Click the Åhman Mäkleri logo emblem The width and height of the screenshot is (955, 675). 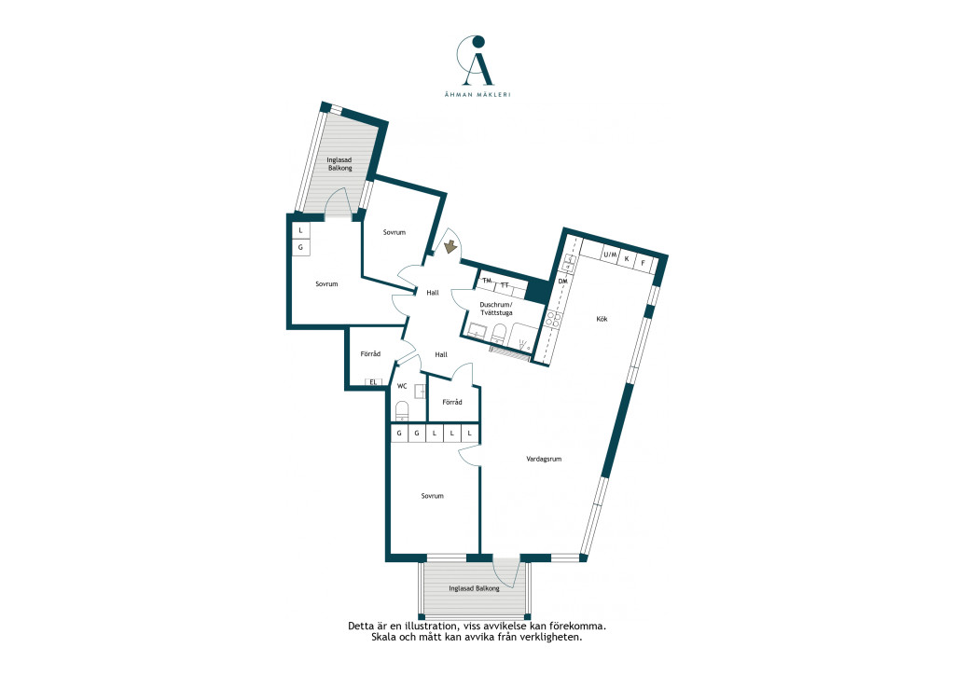pyautogui.click(x=477, y=61)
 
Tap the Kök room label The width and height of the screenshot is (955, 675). pyautogui.click(x=602, y=319)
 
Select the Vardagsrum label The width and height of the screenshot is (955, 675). pyautogui.click(x=544, y=459)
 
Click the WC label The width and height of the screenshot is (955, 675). pyautogui.click(x=402, y=386)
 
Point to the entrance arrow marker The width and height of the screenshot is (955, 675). pyautogui.click(x=450, y=246)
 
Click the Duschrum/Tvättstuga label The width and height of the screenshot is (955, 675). pyautogui.click(x=496, y=309)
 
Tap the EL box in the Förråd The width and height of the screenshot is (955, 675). pyautogui.click(x=374, y=382)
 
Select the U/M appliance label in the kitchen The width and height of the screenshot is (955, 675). pyautogui.click(x=610, y=255)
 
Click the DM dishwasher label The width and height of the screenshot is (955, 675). pyautogui.click(x=562, y=282)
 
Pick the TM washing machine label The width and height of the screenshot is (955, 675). pyautogui.click(x=487, y=281)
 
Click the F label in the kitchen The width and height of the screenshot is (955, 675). pyautogui.click(x=643, y=263)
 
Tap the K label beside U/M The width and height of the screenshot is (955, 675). pyautogui.click(x=627, y=258)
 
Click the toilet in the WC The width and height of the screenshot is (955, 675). pyautogui.click(x=401, y=411)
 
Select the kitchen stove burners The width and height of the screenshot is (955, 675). pyautogui.click(x=553, y=320)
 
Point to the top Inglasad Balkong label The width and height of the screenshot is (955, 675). pyautogui.click(x=339, y=164)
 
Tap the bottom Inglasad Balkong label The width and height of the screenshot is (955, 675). pyautogui.click(x=474, y=588)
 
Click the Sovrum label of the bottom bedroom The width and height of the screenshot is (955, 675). pyautogui.click(x=433, y=496)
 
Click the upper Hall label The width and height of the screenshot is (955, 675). pyautogui.click(x=433, y=293)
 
